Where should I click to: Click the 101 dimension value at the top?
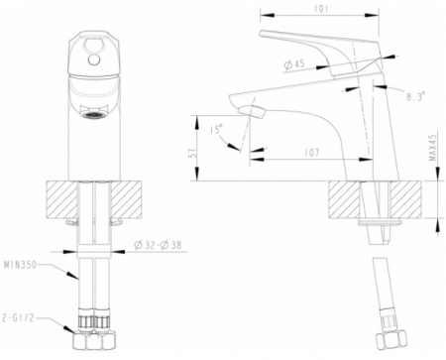[321, 8]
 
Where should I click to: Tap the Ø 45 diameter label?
[294, 64]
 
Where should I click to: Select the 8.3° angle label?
[415, 97]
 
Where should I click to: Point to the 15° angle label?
[216, 129]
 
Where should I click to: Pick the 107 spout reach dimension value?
[312, 152]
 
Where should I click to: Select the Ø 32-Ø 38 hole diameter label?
[158, 245]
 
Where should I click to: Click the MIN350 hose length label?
[20, 265]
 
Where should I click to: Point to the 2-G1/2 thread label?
[18, 318]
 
